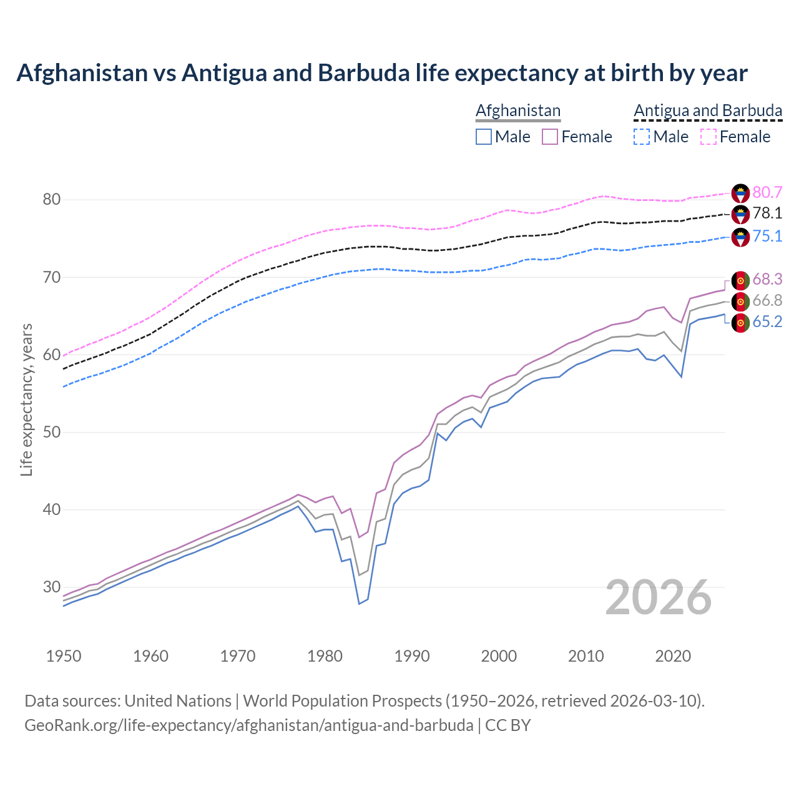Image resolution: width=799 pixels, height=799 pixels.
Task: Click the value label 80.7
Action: [x=767, y=192]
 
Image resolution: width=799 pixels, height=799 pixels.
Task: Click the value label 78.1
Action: [x=767, y=213]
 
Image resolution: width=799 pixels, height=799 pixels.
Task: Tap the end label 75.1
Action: [x=767, y=236]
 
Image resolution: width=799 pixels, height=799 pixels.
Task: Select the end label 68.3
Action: [x=767, y=279]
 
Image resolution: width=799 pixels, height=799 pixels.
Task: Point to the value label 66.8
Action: [x=767, y=301]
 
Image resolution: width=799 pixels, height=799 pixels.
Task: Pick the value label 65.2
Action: [x=767, y=321]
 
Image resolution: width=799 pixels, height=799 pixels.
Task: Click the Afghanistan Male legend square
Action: [x=484, y=137]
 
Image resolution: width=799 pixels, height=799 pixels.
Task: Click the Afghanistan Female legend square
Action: [x=550, y=137]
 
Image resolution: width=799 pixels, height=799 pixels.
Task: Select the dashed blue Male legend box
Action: [x=642, y=137]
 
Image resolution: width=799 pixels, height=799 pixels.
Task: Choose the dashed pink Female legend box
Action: [x=708, y=137]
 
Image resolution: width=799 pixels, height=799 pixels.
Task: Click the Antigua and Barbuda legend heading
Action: [x=708, y=110]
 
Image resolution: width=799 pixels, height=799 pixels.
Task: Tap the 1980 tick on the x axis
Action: [x=325, y=656]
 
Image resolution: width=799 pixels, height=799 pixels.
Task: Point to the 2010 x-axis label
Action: [x=586, y=656]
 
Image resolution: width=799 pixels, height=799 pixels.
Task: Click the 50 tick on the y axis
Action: [x=51, y=432]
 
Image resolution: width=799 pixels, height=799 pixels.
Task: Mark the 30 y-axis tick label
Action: [x=51, y=587]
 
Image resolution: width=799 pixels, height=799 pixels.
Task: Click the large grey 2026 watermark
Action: [x=659, y=597]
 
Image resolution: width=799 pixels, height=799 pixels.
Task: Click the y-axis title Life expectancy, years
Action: [x=26, y=399]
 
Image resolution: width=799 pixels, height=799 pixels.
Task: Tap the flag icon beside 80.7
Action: [x=740, y=193]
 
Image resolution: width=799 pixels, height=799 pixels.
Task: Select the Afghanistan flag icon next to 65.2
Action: [x=740, y=323]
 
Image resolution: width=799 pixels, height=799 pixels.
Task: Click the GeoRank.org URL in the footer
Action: [x=248, y=725]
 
